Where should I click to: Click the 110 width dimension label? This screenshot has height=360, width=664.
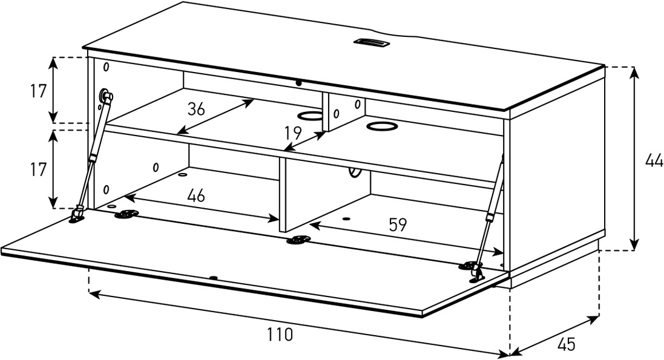point(280,335)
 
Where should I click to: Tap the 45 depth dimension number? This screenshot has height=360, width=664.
point(566,344)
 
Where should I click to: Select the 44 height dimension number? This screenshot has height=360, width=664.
point(654,160)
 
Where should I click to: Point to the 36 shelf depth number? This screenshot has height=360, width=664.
point(196,109)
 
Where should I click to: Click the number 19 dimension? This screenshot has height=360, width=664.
point(292,133)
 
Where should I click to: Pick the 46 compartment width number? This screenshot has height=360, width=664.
point(196,195)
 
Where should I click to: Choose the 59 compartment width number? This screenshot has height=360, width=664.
point(398,224)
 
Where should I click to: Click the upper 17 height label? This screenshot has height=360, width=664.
point(38,91)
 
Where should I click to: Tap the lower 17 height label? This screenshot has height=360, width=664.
point(38,169)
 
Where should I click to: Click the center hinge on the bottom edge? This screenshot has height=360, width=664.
point(298,240)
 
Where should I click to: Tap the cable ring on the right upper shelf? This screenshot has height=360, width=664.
point(383,126)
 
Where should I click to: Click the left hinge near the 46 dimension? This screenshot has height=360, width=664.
point(127,214)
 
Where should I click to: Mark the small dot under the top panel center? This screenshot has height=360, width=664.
point(299,83)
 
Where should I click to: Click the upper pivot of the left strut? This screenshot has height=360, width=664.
point(104,95)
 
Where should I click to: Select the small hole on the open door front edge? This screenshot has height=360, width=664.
point(214,278)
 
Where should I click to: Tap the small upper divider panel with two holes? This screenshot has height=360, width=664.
point(343,112)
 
